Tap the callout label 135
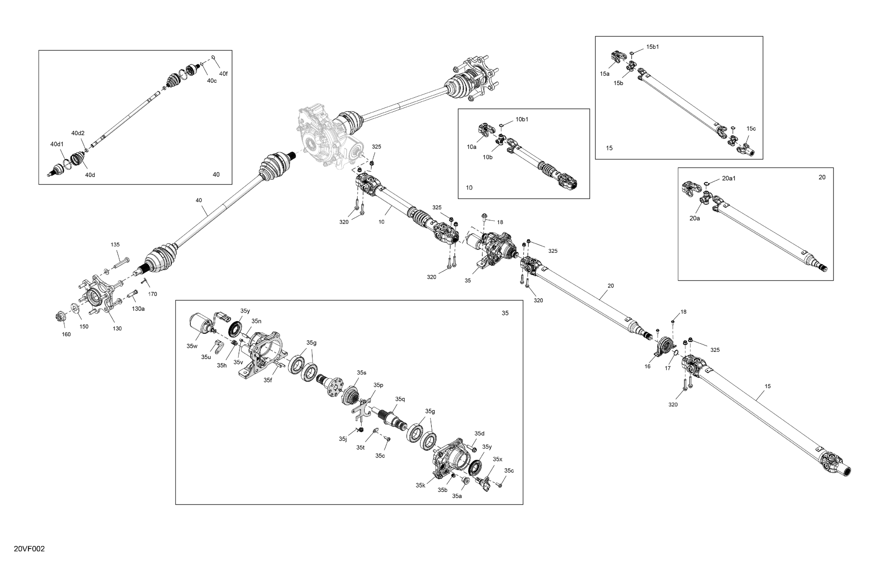pyautogui.click(x=115, y=244)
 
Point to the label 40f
pyautogui.click(x=223, y=73)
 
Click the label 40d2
pyautogui.click(x=78, y=133)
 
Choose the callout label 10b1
pyautogui.click(x=522, y=119)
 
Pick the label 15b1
pyautogui.click(x=653, y=47)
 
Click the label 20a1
pyautogui.click(x=729, y=178)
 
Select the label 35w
pyautogui.click(x=192, y=346)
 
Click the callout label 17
pyautogui.click(x=668, y=368)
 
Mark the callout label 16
pyautogui.click(x=647, y=366)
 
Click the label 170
pyautogui.click(x=152, y=294)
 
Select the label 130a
pyautogui.click(x=138, y=309)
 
